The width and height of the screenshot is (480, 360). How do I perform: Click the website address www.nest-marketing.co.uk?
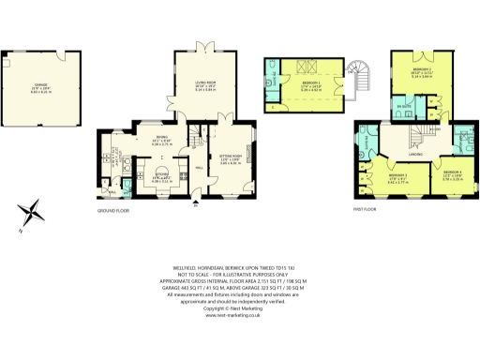coord(241,315)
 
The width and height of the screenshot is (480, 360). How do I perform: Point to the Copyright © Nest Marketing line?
coord(241,307)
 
